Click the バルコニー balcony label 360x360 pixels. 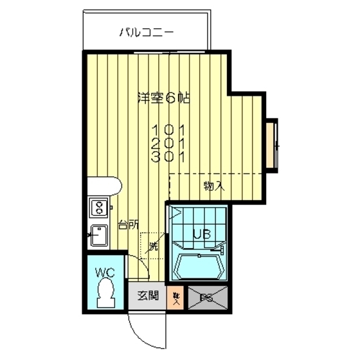coord(147,32)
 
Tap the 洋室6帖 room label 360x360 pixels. coord(165,98)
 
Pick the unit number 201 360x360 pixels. coord(168,142)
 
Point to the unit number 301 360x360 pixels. coord(168,156)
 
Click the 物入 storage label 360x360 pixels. coord(214,186)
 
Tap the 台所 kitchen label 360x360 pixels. coord(127,225)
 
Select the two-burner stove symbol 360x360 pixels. coord(100,208)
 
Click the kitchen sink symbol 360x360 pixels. coord(100,235)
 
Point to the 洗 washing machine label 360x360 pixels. coord(153,246)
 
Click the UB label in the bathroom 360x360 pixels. coord(201,235)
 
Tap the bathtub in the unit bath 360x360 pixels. coord(199,265)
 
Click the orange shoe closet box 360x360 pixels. coord(176,296)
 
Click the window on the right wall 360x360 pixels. coord(273,145)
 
